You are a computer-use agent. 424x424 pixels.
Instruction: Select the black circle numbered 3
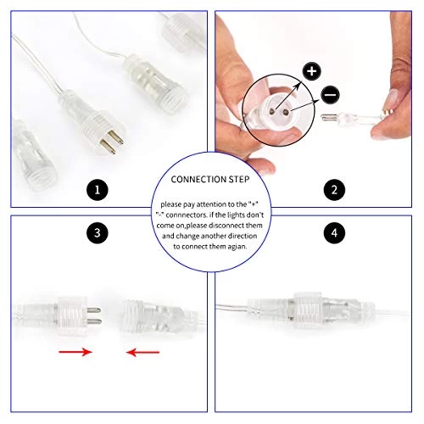(99, 231)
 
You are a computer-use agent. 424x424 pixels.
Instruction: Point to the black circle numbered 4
(324, 231)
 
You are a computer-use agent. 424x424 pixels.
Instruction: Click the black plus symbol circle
(311, 71)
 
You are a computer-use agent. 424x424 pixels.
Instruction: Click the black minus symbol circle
(328, 97)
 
